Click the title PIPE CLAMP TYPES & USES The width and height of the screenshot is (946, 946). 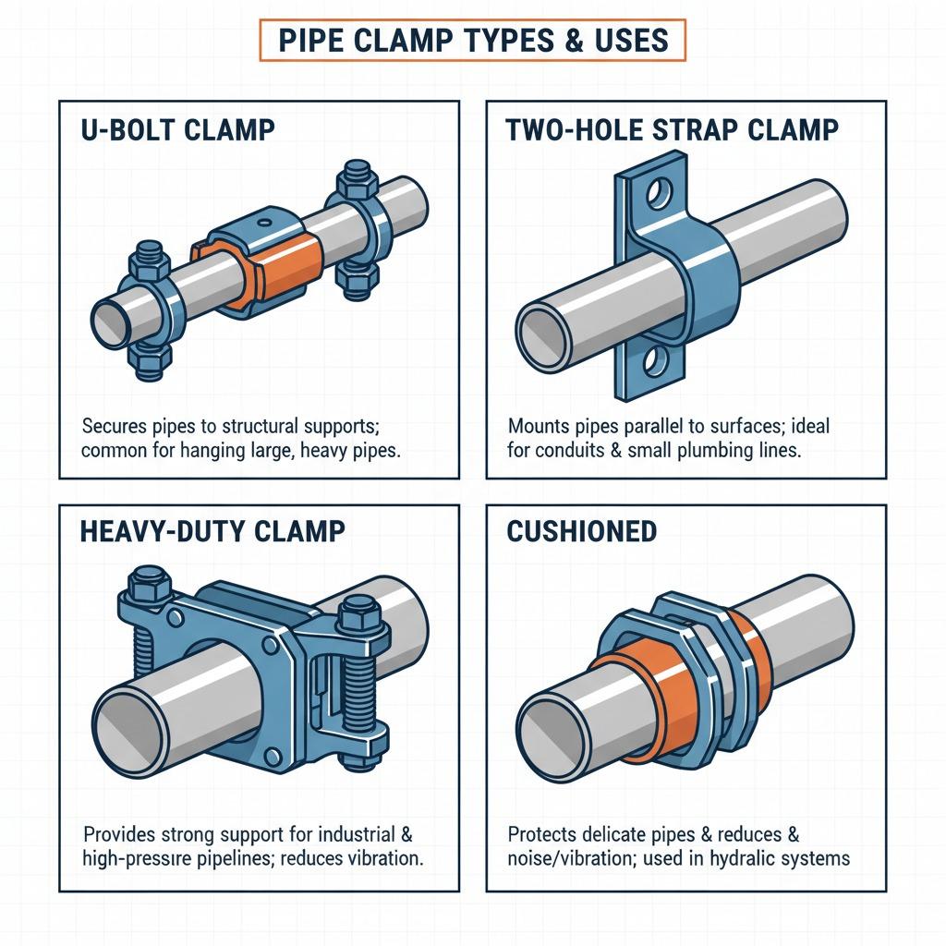(x=472, y=42)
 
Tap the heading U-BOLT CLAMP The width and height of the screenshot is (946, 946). (x=178, y=129)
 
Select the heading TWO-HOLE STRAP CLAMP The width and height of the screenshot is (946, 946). (x=672, y=129)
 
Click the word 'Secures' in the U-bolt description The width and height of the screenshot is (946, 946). (x=114, y=427)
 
